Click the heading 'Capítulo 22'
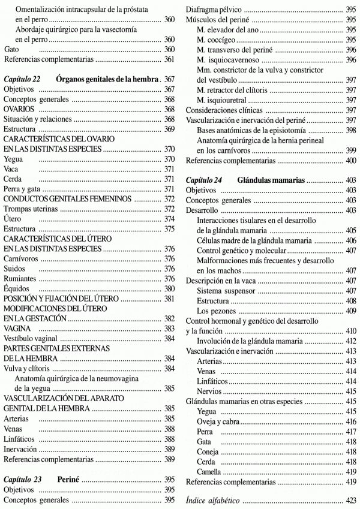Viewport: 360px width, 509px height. tap(25, 79)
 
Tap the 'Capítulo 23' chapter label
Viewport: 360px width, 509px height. tap(25, 480)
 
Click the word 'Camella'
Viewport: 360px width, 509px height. tap(209, 471)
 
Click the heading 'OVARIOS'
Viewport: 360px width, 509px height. tap(20, 109)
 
